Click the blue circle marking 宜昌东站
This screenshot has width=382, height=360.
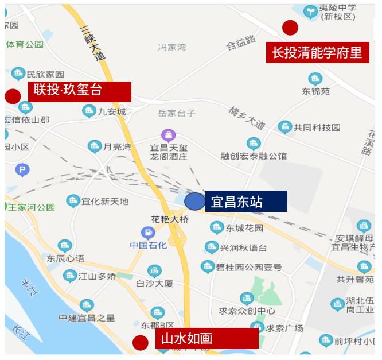[x=195, y=202]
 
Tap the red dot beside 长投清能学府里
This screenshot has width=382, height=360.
[x=290, y=27]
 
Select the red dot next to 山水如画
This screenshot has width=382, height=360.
[x=140, y=343]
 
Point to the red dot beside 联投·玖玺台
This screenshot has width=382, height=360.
[x=12, y=96]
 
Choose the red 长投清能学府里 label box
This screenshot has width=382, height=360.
[x=317, y=53]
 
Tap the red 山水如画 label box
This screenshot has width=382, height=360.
[x=206, y=338]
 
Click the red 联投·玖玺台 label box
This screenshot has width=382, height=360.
[x=80, y=91]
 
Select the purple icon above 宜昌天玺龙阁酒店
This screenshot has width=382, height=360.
[x=169, y=136]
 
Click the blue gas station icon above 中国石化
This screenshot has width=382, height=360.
[x=148, y=233]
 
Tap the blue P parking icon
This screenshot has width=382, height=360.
[x=22, y=169]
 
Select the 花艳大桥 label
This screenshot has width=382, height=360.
[x=169, y=219]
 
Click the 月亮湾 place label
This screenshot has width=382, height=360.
[x=117, y=147]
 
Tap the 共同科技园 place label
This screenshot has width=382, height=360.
[x=317, y=127]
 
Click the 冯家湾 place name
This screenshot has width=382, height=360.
[x=172, y=48]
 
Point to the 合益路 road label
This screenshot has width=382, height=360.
[x=241, y=42]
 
